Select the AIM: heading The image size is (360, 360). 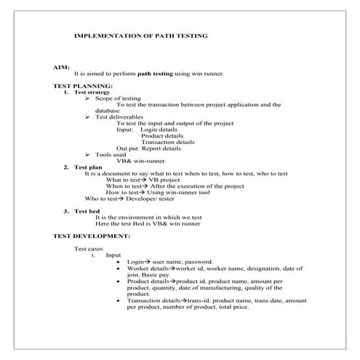61,66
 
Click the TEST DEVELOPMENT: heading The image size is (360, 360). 92,236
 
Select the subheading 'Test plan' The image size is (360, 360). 89,167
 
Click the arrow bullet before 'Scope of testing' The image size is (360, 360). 87,98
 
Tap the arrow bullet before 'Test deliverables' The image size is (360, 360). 87,117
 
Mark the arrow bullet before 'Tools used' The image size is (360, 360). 87,154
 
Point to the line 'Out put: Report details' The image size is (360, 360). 149,148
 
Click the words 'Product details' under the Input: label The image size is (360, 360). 162,136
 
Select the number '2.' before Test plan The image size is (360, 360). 66,167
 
